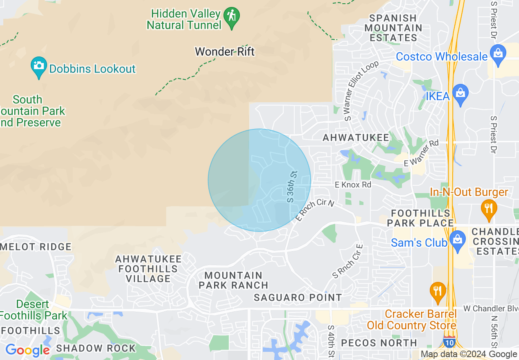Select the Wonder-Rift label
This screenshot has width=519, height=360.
[225, 52]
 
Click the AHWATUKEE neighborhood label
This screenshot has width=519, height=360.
[356, 138]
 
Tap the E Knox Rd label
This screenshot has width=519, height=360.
[353, 185]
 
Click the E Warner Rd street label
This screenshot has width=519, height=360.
[421, 153]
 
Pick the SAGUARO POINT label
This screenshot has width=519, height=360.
[298, 297]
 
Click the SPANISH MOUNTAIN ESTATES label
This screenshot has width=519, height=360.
[393, 28]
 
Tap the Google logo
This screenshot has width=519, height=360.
[27, 350]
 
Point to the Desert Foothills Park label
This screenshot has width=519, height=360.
[34, 310]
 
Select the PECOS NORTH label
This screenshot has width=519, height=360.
[379, 342]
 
